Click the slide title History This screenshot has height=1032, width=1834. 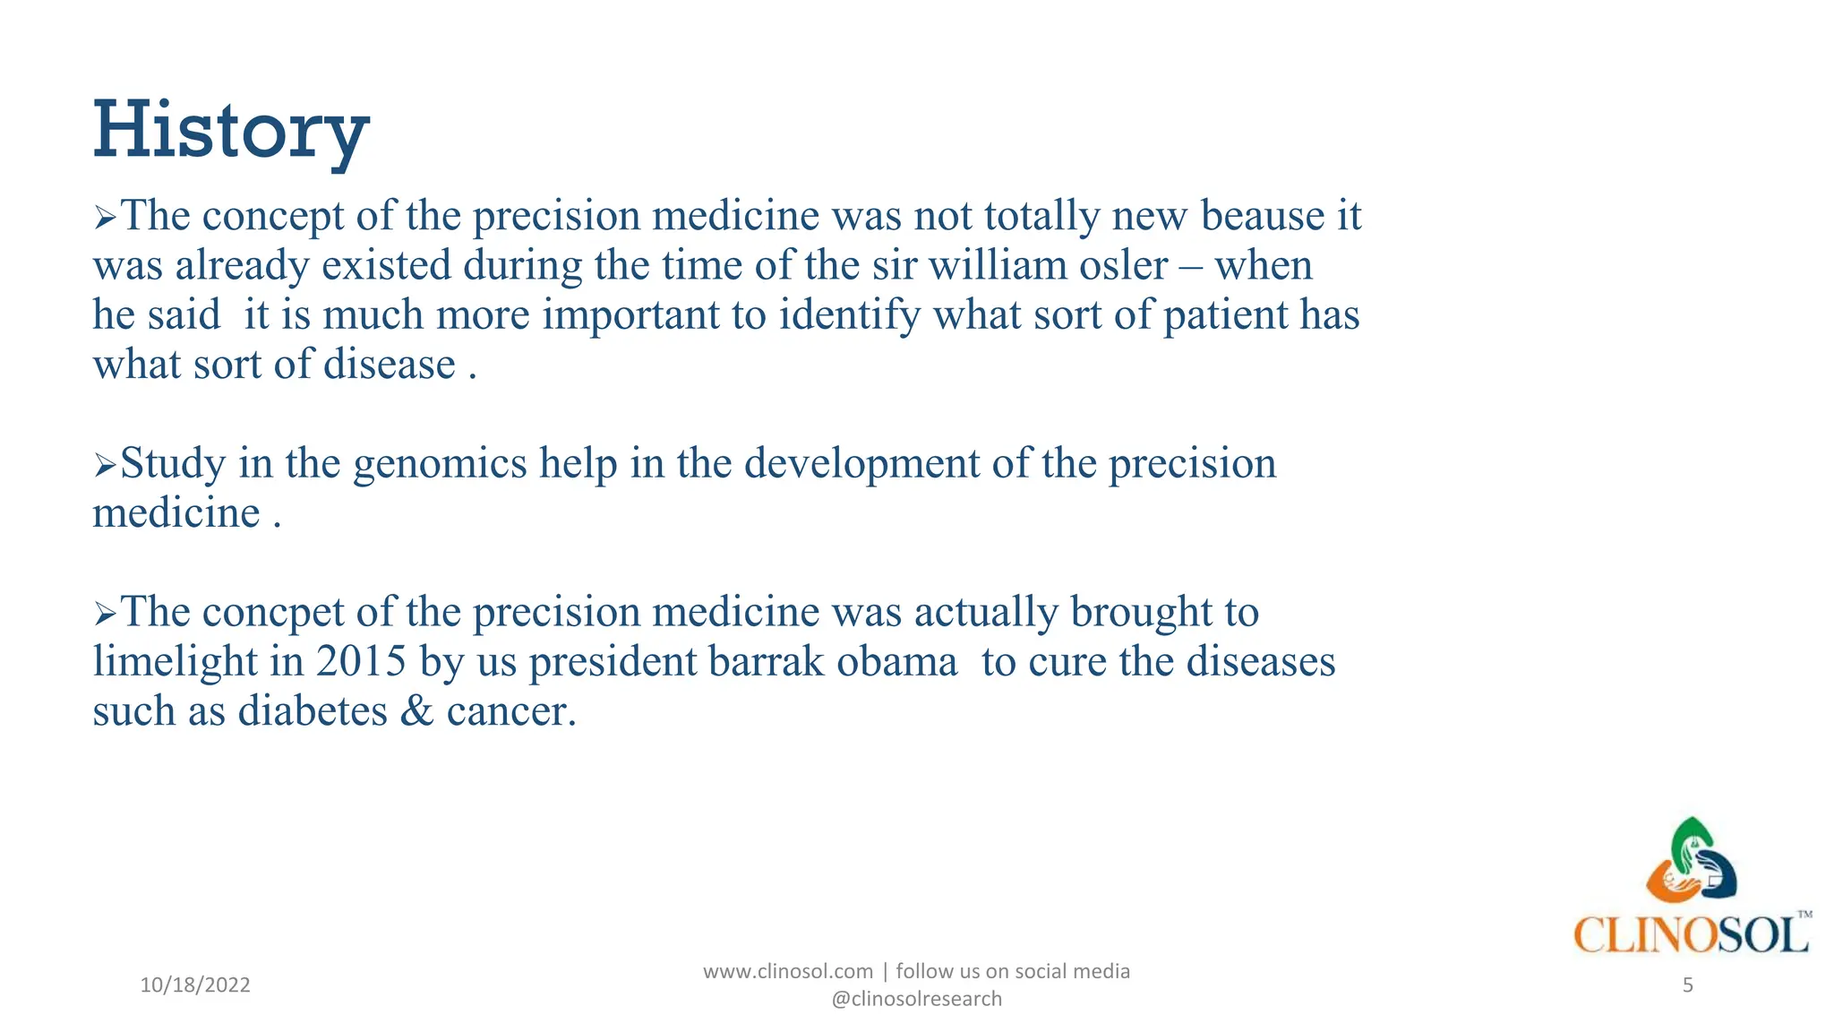point(231,132)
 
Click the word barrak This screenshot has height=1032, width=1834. point(766,662)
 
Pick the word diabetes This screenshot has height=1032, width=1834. point(313,712)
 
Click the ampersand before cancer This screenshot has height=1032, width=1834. point(416,712)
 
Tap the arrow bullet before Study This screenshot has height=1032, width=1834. point(105,466)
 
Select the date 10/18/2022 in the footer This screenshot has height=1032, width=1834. point(195,985)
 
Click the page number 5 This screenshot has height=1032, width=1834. point(1687,985)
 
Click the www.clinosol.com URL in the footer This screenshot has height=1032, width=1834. point(787,971)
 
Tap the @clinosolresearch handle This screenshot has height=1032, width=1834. point(916,999)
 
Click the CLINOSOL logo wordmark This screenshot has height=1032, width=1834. point(1690,935)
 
